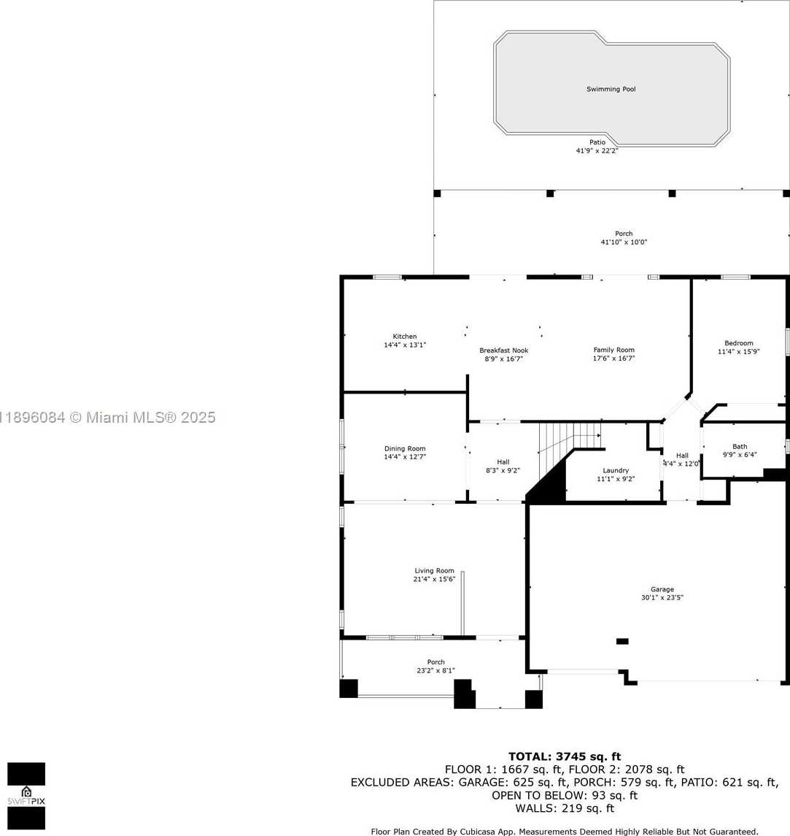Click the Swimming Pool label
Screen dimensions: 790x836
(611, 89)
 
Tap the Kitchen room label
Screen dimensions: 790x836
(405, 337)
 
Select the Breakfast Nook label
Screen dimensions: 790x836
(503, 350)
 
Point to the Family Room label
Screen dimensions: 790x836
(613, 350)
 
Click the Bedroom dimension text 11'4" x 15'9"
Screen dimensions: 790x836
(738, 351)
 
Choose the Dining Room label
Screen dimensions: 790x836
(405, 448)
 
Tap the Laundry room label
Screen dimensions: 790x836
(616, 470)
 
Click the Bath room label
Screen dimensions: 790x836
(740, 446)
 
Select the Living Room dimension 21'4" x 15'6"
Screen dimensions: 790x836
(434, 579)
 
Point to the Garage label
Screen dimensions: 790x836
(662, 589)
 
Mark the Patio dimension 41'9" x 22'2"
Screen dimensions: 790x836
(597, 150)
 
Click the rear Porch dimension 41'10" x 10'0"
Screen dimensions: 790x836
(624, 242)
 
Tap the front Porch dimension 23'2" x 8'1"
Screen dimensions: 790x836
(435, 671)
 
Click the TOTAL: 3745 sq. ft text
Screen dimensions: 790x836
(565, 756)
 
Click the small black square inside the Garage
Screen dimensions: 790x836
(622, 641)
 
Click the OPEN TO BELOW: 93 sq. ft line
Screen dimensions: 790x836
(564, 796)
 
